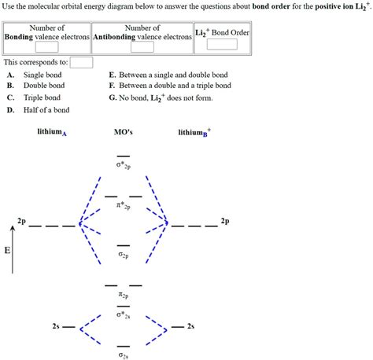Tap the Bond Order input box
point(221,44)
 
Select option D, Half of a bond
point(46,110)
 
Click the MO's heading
point(124,132)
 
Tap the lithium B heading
point(194,132)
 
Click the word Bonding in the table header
point(19,36)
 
